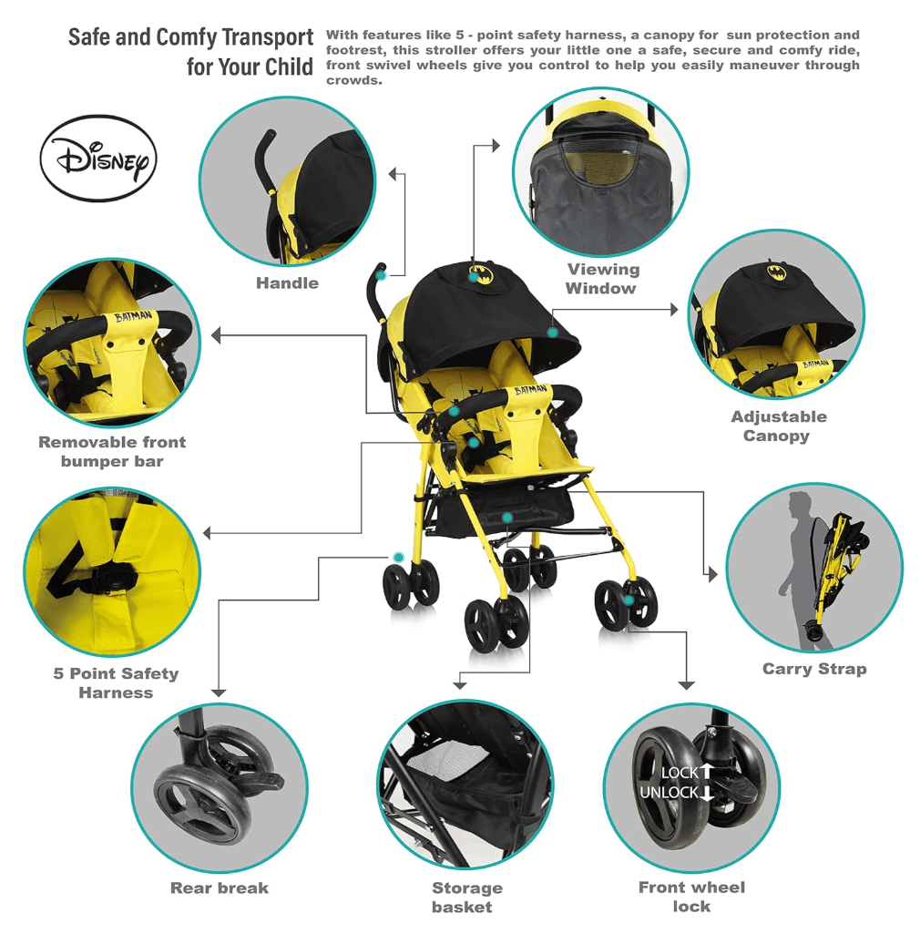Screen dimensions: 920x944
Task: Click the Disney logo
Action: (98, 158)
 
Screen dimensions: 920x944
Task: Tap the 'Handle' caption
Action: (287, 283)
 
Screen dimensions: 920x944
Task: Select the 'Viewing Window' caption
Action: (602, 279)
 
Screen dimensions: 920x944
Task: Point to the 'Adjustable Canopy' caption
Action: (778, 426)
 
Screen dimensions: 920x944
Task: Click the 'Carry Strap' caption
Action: (814, 669)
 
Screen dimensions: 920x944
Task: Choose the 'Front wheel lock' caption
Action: (691, 897)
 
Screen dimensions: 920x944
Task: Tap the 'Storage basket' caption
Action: (466, 897)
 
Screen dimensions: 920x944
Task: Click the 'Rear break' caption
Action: (219, 888)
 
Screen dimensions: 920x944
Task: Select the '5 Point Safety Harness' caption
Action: (116, 682)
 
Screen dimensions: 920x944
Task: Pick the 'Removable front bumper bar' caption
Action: (112, 452)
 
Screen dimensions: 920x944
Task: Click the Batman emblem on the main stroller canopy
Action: (481, 274)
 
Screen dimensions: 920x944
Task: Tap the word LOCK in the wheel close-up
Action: (680, 773)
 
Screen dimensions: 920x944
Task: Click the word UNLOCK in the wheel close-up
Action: (669, 793)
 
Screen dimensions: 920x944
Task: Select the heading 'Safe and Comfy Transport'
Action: (190, 37)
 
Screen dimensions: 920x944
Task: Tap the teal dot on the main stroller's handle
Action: (382, 276)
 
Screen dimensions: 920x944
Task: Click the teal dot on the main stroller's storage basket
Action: (507, 518)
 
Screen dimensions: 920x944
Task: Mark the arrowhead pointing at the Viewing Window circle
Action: (496, 145)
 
